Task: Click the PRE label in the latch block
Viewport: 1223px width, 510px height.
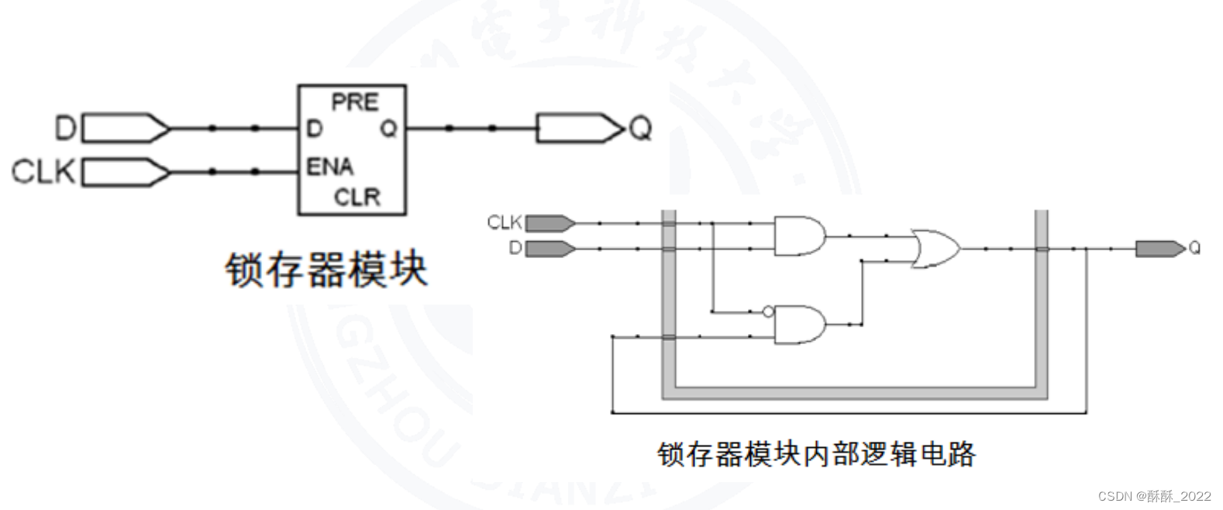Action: [354, 102]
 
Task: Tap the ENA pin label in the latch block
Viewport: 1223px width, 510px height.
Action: [329, 167]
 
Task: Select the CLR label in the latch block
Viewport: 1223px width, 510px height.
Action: [357, 197]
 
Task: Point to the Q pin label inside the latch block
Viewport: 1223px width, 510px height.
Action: [388, 129]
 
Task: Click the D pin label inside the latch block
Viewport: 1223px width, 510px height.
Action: [314, 129]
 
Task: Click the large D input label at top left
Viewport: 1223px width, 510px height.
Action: [66, 128]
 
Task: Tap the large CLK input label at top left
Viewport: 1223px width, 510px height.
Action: [43, 171]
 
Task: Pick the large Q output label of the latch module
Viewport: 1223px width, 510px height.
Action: [640, 129]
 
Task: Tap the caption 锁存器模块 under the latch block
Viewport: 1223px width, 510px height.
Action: [326, 270]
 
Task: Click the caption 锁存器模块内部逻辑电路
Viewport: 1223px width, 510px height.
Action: [816, 453]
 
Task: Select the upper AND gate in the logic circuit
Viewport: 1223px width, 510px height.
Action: [799, 236]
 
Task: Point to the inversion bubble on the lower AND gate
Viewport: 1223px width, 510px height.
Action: [768, 312]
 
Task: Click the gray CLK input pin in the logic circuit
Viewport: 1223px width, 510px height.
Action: [550, 223]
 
